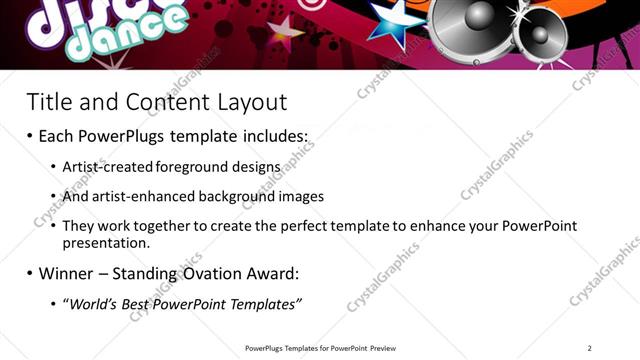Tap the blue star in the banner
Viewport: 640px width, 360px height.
pos(394,21)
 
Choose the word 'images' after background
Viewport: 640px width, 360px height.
pos(299,197)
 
